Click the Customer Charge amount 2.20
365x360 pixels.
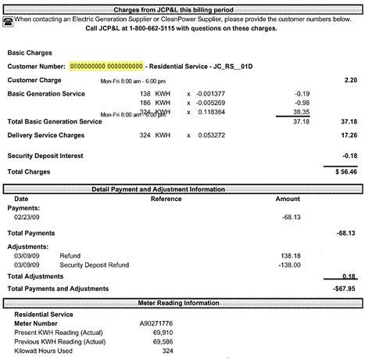pyautogui.click(x=351, y=80)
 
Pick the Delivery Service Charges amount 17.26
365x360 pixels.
pyautogui.click(x=349, y=135)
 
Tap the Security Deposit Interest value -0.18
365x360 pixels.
pyautogui.click(x=349, y=155)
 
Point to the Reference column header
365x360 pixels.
pyautogui.click(x=166, y=199)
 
